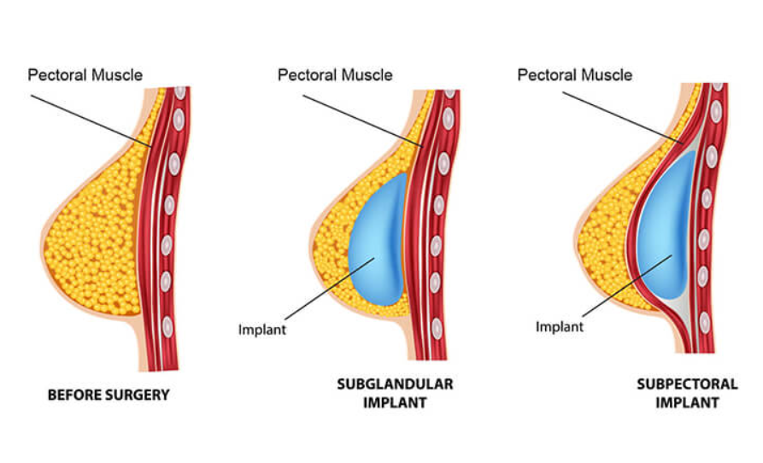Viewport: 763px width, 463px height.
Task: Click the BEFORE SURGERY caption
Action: tap(109, 395)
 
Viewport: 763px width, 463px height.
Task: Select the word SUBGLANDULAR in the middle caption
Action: tap(395, 384)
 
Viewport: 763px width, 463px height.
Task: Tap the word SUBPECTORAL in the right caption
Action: tap(687, 384)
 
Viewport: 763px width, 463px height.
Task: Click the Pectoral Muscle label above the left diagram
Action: tap(85, 75)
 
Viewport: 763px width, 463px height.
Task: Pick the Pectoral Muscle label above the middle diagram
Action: tap(335, 75)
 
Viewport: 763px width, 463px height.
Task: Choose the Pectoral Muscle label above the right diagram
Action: tap(575, 75)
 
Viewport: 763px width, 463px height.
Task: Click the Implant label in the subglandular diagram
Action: tap(261, 330)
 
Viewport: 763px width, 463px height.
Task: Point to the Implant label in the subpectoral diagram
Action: tap(559, 327)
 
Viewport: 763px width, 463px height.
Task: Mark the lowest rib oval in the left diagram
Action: tap(167, 327)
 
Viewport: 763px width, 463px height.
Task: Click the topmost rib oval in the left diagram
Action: tap(180, 92)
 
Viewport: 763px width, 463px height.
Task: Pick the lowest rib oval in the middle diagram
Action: tap(437, 329)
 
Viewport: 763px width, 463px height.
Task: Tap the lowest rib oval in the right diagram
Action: tap(705, 323)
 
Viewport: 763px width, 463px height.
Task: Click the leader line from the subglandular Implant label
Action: tap(330, 289)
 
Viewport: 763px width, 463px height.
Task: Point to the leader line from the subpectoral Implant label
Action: tap(627, 286)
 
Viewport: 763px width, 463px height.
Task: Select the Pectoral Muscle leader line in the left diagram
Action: tap(91, 121)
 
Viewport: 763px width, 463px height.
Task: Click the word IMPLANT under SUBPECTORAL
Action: tap(687, 402)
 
